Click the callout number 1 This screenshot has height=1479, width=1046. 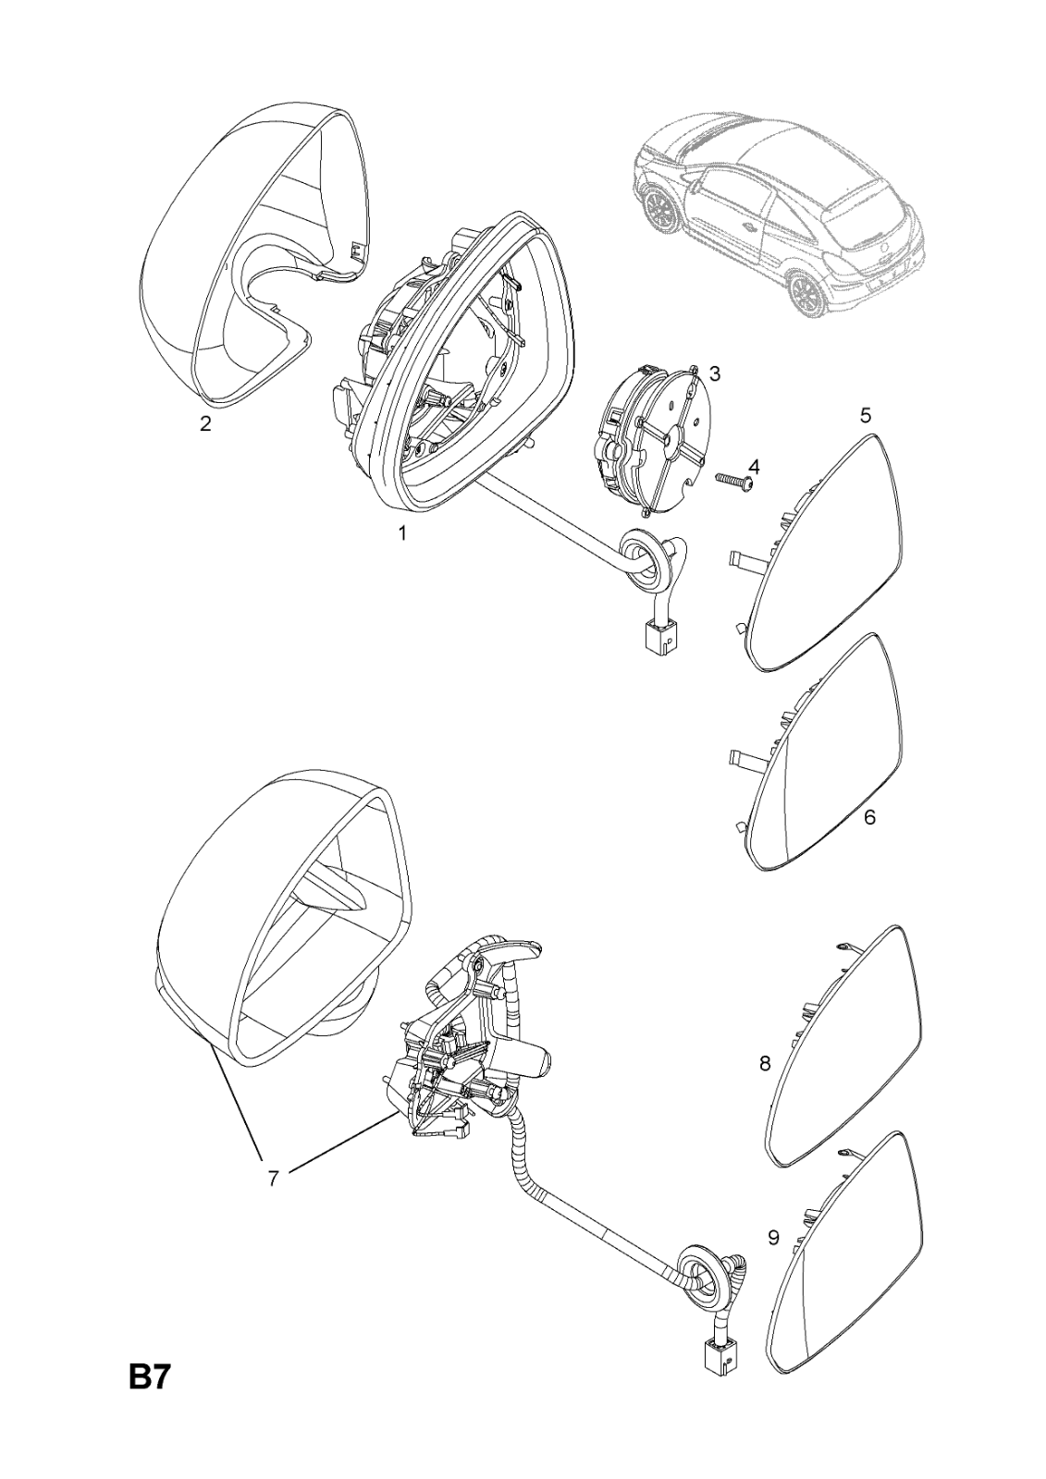click(402, 533)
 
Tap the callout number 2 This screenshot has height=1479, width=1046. click(206, 424)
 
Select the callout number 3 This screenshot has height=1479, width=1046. click(715, 373)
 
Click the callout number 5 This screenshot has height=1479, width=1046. click(865, 415)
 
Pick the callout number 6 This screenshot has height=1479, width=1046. click(869, 817)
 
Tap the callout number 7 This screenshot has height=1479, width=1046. click(274, 1179)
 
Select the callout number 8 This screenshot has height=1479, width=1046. click(765, 1064)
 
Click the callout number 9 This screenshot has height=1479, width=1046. click(773, 1238)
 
